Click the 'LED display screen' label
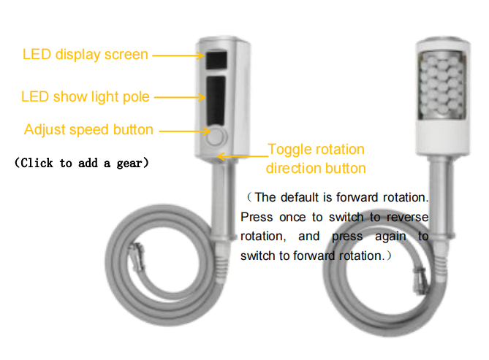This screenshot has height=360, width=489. tap(86, 55)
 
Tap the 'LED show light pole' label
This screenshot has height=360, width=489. tap(86, 97)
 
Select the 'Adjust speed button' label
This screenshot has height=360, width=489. tap(88, 130)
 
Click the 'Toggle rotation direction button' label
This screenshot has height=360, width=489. tap(315, 158)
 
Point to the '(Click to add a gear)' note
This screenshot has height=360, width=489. tap(82, 163)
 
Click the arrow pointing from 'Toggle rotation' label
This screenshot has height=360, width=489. tap(241, 155)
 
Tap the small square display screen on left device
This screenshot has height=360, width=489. tap(217, 58)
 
